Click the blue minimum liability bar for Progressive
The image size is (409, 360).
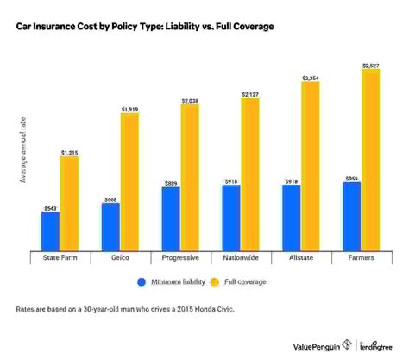click(171, 218)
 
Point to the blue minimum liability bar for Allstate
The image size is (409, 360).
click(292, 218)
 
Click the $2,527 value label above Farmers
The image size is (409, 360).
click(371, 64)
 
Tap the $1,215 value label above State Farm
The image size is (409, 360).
click(70, 152)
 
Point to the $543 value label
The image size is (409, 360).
click(50, 207)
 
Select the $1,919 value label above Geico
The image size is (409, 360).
click(130, 109)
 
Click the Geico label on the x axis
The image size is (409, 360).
click(121, 257)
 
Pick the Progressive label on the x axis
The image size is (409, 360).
click(180, 257)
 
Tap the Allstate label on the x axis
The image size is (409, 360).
click(301, 257)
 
